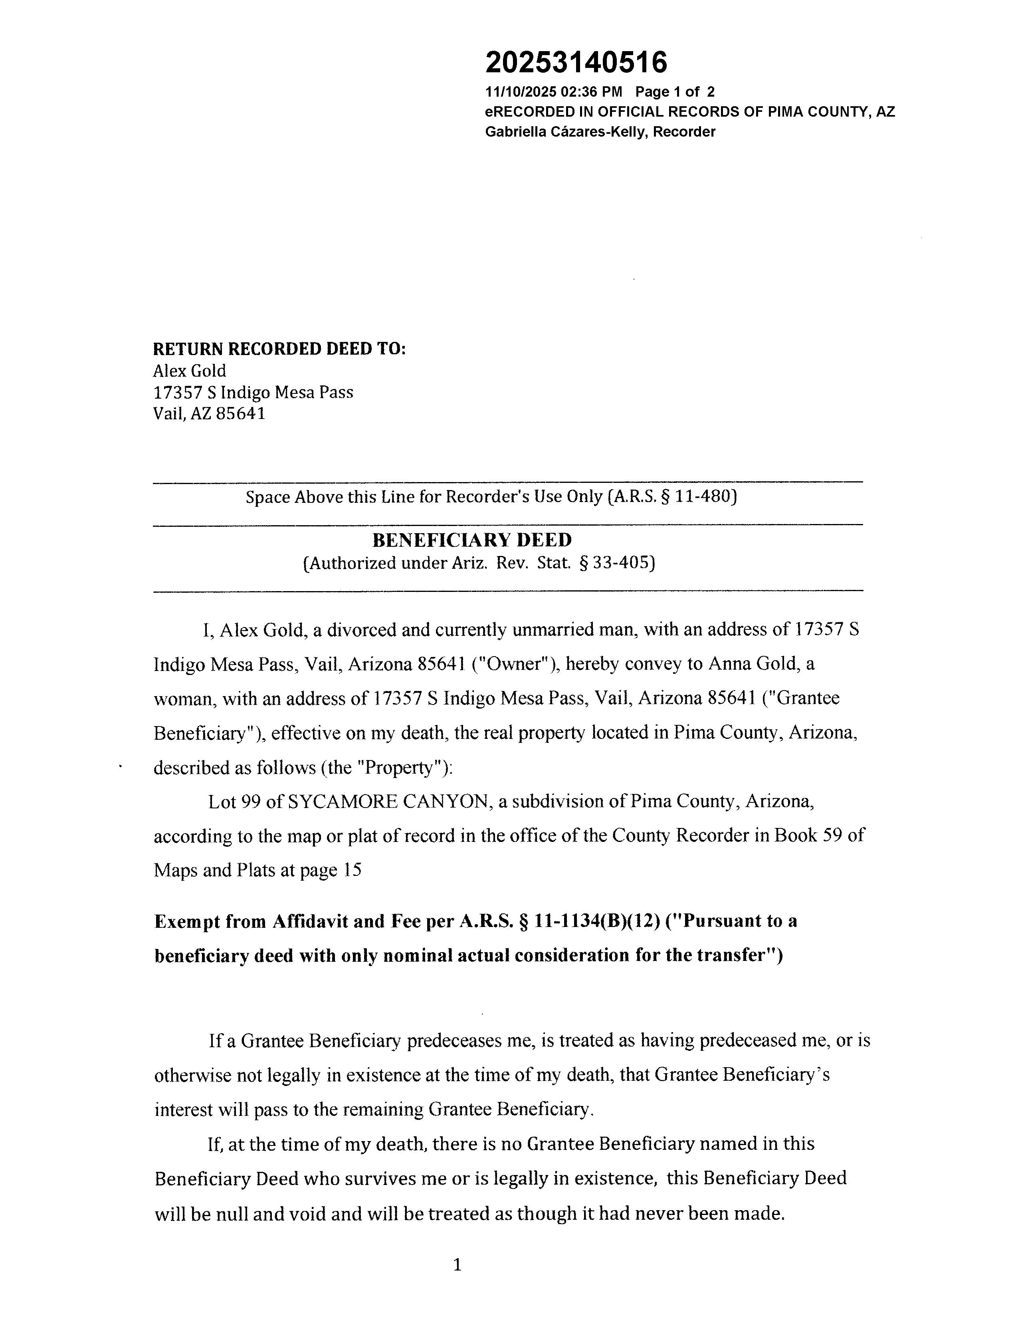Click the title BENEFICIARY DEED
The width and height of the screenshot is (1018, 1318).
pyautogui.click(x=471, y=540)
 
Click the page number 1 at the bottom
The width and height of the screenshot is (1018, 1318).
pyautogui.click(x=457, y=1264)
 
